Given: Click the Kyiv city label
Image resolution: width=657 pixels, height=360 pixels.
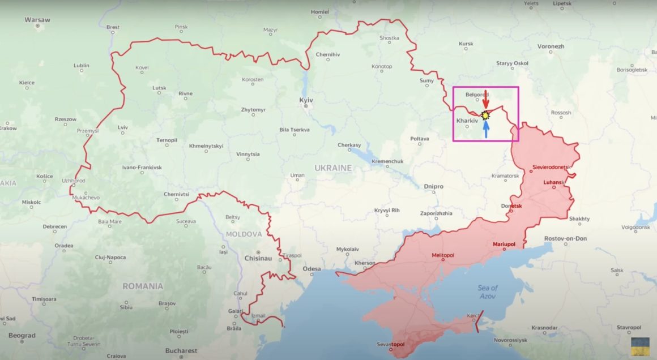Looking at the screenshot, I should point(306,100).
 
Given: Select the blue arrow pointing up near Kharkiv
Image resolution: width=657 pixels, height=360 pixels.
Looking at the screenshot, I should point(486,129).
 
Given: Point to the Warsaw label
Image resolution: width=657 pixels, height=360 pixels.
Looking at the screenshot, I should point(37,20).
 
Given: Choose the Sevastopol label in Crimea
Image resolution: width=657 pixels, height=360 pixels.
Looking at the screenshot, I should point(391,344).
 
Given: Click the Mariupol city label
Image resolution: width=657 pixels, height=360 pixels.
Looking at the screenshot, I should point(504,244).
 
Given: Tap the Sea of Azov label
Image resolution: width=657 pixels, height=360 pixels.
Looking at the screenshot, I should point(487,292).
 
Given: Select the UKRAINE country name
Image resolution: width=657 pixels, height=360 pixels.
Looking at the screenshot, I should point(334,168).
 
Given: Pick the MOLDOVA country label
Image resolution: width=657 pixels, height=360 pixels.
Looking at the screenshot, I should point(244,234).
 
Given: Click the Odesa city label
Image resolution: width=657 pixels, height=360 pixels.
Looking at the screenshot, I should point(312,269).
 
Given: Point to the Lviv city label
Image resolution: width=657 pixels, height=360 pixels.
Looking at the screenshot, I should point(123,127).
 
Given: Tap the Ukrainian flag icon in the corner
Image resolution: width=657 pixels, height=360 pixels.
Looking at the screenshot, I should point(640,346).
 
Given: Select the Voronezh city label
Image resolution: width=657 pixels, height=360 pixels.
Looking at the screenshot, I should point(551,46).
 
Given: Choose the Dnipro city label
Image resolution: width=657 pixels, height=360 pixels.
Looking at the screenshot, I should point(433,186).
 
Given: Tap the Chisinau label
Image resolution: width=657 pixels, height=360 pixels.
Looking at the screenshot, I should point(258,258).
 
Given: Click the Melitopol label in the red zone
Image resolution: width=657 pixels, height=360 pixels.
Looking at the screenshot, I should point(442,255).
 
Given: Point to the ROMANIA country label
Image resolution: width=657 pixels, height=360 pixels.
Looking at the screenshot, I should point(143,286).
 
